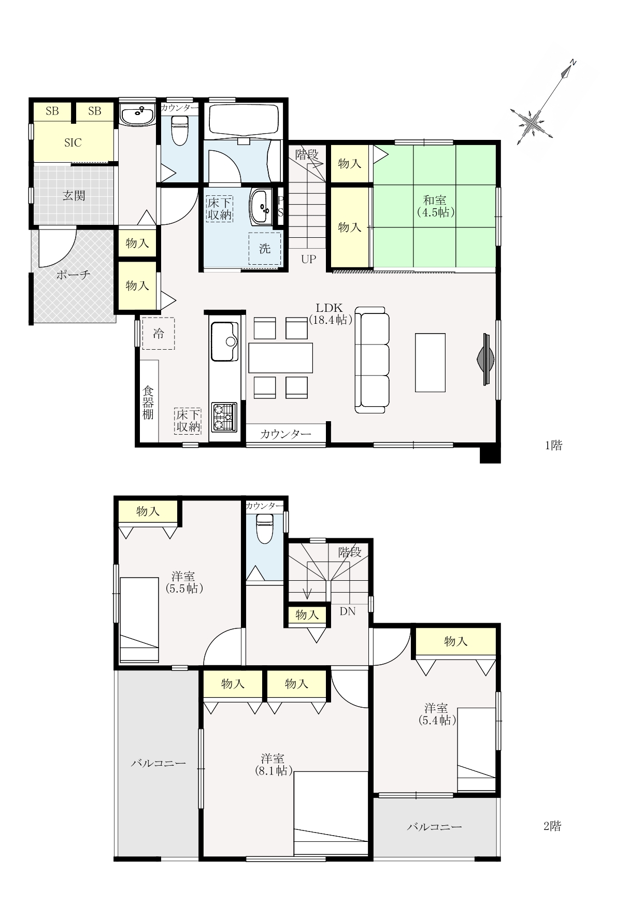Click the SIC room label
tap(73, 142)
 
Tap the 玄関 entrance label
tap(74, 196)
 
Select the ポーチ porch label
tap(73, 275)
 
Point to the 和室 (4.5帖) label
tap(435, 206)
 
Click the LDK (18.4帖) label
tap(331, 313)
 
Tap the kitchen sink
tap(225, 341)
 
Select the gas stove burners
tap(224, 417)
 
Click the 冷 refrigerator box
tap(159, 334)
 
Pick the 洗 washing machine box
tap(265, 249)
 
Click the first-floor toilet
tap(179, 130)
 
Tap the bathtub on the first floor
tap(244, 120)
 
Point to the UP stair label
tap(308, 259)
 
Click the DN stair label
tap(348, 611)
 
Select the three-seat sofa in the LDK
tap(372, 360)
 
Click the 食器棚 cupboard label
tap(148, 402)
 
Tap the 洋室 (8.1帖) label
tap(273, 764)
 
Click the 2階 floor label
tap(552, 826)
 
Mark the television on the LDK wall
tap(485, 359)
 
